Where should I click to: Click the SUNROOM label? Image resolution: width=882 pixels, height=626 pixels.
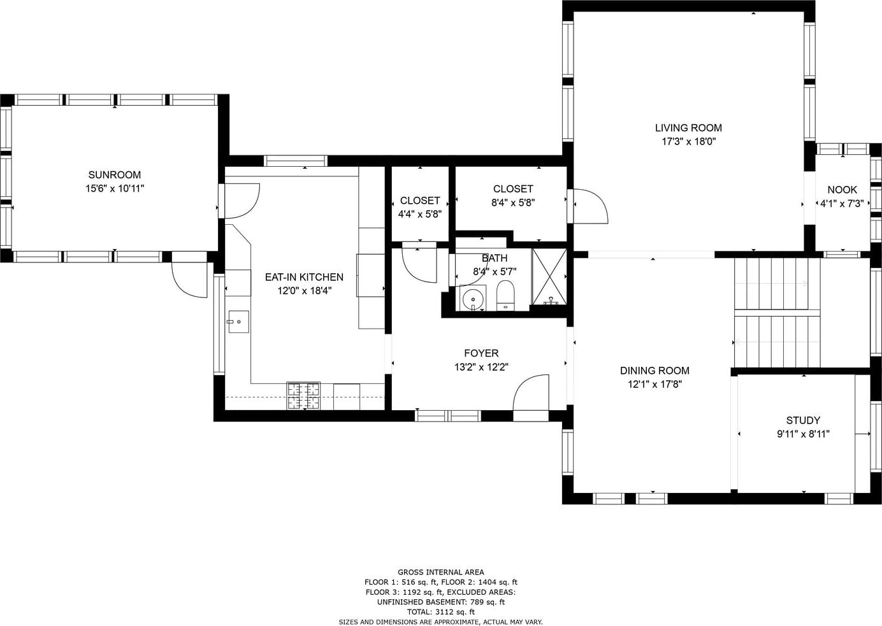tap(115, 174)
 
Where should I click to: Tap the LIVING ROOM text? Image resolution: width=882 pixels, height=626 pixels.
tap(688, 128)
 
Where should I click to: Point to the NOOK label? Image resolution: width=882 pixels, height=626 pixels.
tap(842, 190)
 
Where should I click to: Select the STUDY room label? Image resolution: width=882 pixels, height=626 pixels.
tap(803, 420)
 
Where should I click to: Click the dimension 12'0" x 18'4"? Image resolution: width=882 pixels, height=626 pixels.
tap(305, 291)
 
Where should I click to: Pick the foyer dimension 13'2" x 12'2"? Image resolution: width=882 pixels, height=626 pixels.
tap(481, 367)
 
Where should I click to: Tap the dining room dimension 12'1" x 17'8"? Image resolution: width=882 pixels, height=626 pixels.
tap(654, 384)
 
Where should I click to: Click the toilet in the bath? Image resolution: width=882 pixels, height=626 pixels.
tap(506, 295)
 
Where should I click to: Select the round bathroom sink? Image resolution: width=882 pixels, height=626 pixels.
tap(472, 299)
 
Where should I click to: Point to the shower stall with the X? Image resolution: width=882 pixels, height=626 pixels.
tap(549, 276)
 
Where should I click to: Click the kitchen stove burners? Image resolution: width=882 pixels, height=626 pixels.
tap(303, 396)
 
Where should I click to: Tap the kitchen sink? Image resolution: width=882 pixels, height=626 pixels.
tap(238, 322)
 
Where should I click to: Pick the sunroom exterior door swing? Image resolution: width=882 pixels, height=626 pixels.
tap(189, 280)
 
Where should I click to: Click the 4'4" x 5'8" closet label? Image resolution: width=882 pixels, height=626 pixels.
tap(420, 208)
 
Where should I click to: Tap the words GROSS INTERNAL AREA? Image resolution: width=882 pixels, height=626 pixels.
tap(440, 572)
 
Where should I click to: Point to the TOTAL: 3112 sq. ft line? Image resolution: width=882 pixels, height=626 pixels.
tap(440, 612)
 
